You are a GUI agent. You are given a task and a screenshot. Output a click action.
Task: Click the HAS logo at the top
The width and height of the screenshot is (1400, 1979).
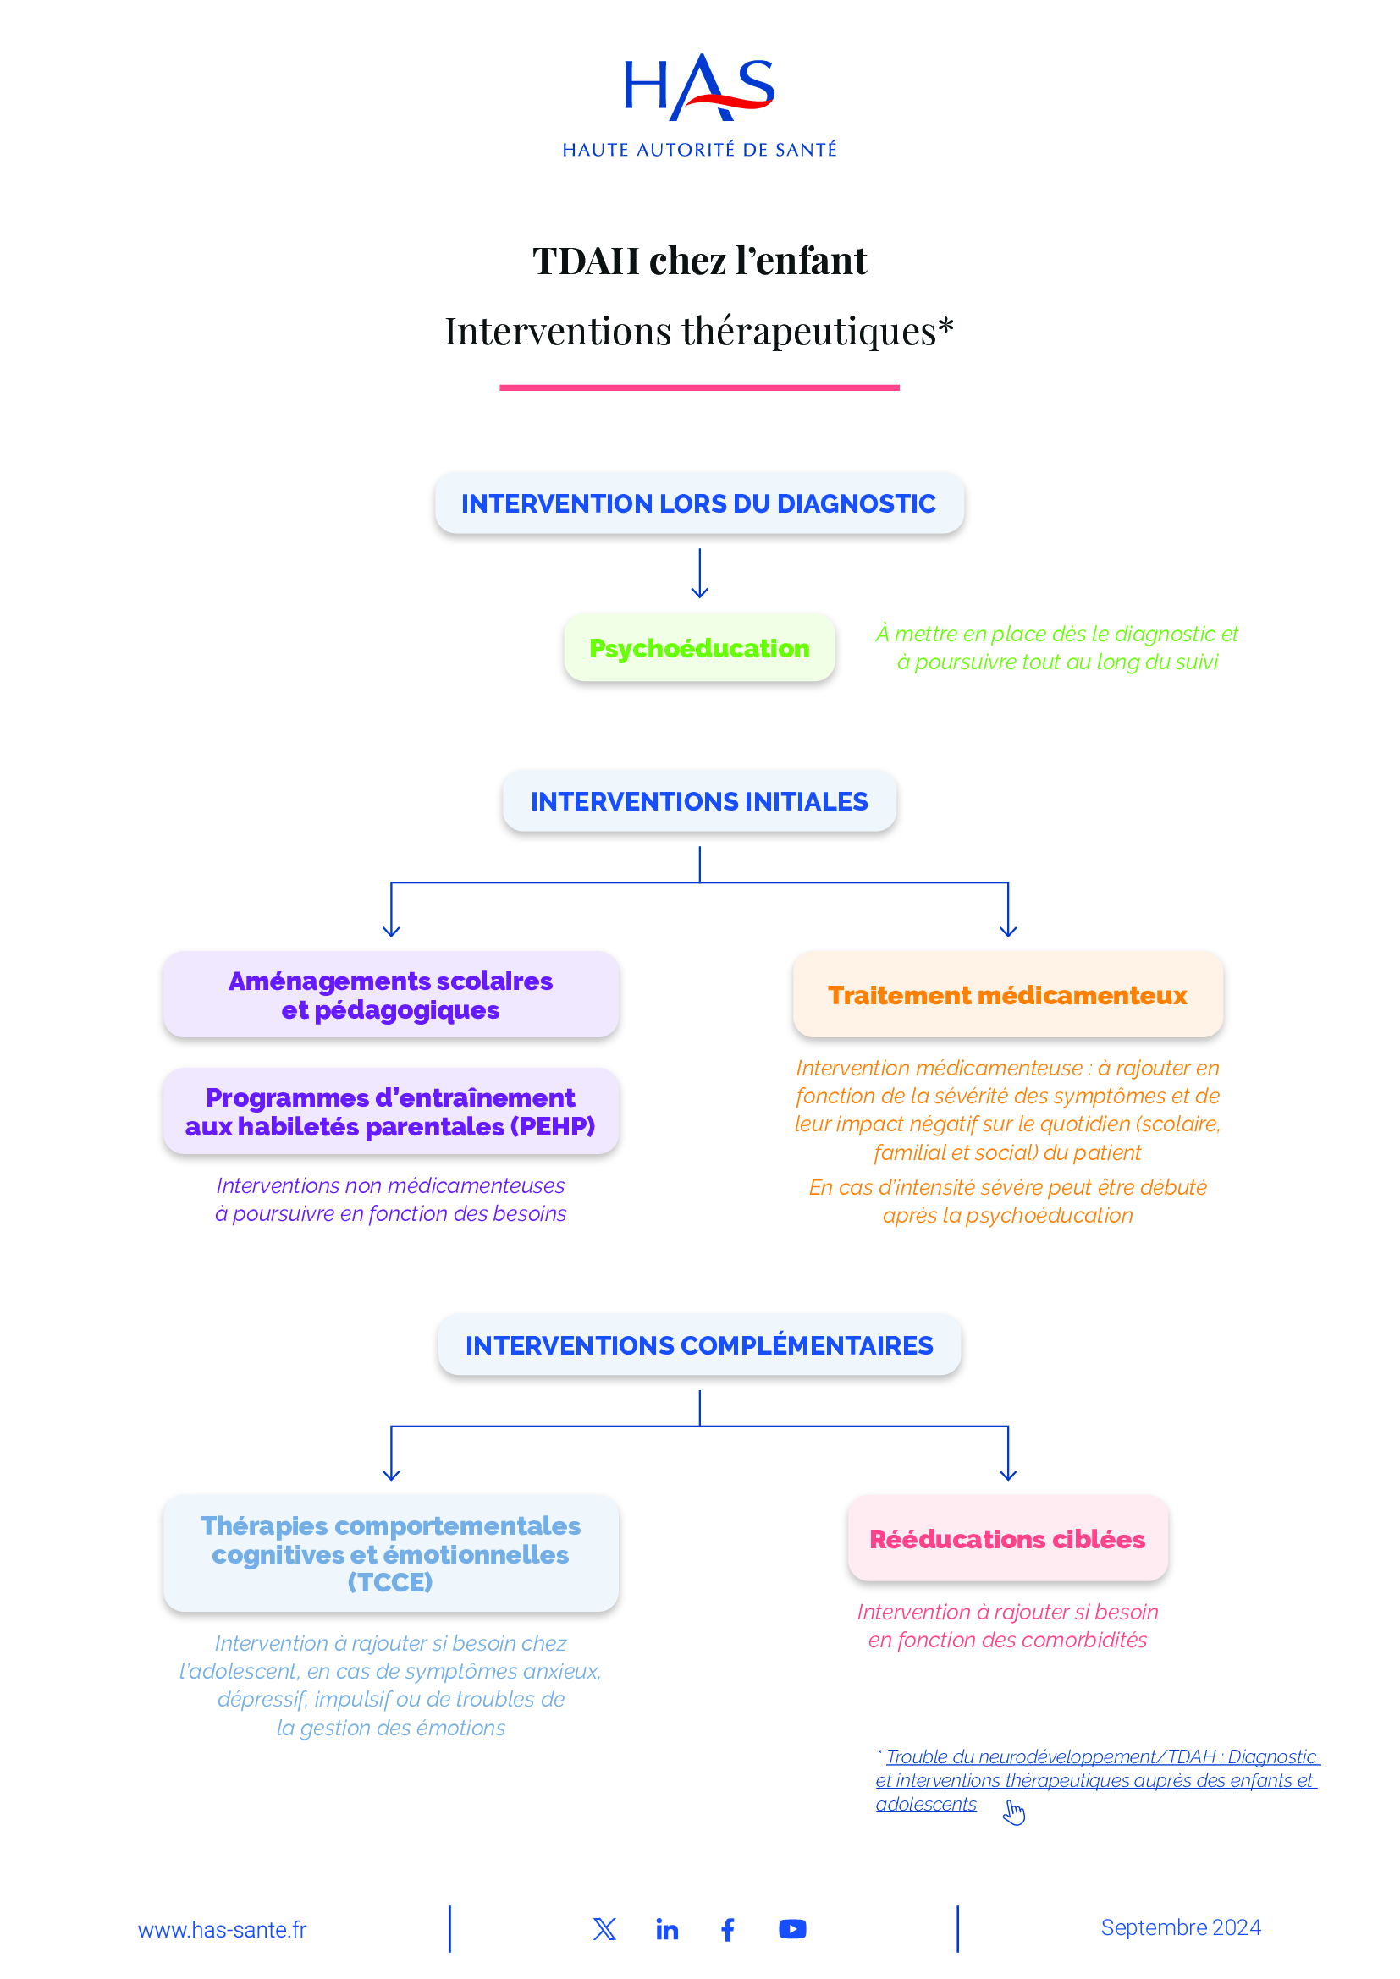click(699, 103)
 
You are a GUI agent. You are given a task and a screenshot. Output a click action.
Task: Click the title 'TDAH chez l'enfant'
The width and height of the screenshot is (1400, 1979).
click(699, 261)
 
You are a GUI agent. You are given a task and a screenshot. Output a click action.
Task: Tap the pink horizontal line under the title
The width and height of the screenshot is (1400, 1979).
click(699, 388)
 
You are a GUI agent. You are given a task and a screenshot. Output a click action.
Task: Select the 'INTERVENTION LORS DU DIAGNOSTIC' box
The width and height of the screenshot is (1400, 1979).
click(699, 503)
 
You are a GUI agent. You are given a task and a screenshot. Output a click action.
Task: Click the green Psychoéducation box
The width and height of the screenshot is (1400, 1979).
click(699, 648)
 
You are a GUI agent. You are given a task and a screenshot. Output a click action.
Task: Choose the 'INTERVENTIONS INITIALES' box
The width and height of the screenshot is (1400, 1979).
click(699, 801)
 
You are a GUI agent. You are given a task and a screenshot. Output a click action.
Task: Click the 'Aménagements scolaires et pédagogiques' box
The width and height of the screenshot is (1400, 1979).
click(390, 995)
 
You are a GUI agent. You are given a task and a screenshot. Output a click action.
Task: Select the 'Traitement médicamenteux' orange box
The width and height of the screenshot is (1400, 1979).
click(1008, 996)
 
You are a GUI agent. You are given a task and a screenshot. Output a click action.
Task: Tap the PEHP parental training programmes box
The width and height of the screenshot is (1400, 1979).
click(390, 1112)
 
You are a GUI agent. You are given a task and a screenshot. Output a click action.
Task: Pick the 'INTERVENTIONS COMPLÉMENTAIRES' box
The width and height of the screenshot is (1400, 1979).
click(699, 1345)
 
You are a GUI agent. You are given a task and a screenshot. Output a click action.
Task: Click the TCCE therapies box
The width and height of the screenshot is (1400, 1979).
click(390, 1554)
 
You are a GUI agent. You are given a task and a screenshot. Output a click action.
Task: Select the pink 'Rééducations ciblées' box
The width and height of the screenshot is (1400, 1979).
click(1008, 1539)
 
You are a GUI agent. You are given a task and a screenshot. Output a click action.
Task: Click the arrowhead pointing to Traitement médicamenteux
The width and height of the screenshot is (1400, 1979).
click(1008, 931)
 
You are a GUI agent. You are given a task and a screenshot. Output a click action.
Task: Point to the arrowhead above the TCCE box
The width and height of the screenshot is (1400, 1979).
click(391, 1475)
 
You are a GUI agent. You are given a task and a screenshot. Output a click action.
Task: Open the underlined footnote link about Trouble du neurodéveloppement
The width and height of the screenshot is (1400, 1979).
click(1095, 1780)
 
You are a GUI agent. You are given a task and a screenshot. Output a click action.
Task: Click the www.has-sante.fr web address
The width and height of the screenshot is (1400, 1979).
click(223, 1930)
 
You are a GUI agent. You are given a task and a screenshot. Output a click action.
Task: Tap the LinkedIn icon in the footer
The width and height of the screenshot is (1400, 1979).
click(666, 1930)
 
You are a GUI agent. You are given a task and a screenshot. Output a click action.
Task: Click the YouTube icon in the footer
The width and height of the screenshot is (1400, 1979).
click(792, 1929)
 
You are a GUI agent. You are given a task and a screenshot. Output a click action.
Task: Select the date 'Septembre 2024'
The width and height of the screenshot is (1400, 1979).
click(1180, 1928)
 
